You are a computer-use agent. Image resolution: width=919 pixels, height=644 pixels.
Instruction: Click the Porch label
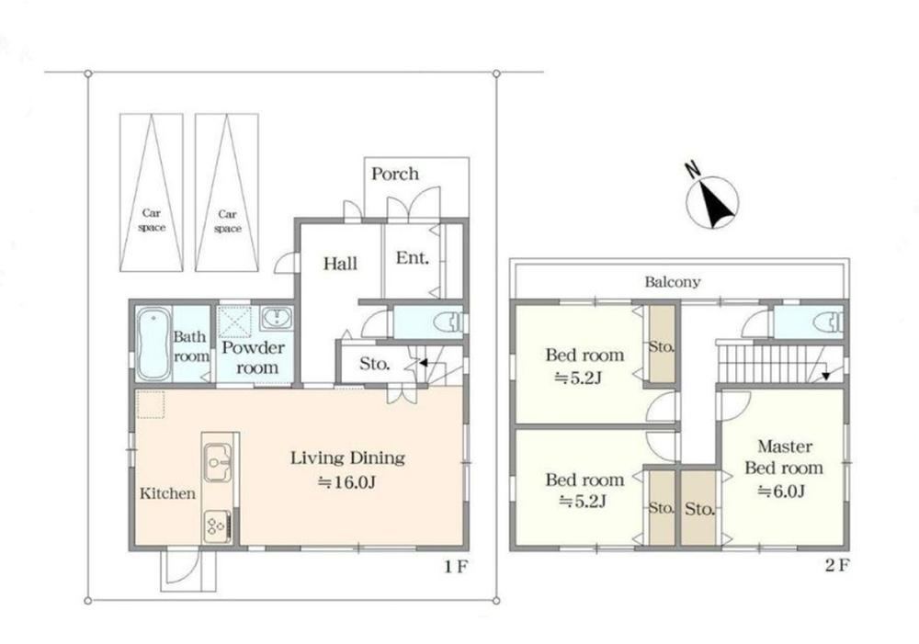[395, 174]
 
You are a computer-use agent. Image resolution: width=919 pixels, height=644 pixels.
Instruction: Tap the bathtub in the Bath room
[153, 344]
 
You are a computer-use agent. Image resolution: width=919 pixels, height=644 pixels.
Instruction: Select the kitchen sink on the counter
[218, 463]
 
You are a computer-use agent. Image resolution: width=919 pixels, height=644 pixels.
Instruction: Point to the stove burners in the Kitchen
[217, 525]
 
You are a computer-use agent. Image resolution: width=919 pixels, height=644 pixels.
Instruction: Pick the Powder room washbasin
[276, 318]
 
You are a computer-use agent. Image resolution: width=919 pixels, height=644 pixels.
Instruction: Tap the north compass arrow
[715, 204]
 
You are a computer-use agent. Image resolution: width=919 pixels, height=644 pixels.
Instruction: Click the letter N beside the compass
[693, 169]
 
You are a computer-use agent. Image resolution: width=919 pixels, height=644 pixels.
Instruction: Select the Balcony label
[673, 282]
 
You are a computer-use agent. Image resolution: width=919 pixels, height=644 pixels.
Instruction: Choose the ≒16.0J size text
[346, 483]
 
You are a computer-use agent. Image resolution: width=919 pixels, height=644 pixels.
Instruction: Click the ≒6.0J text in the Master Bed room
[781, 491]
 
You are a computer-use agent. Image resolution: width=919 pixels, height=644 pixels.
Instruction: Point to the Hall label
[340, 264]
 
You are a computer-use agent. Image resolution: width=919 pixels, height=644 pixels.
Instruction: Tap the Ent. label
[412, 258]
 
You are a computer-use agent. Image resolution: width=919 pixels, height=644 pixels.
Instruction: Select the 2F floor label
[836, 566]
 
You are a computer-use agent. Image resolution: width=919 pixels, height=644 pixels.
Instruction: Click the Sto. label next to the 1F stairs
[375, 364]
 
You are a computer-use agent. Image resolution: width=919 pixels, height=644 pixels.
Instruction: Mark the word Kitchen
[167, 493]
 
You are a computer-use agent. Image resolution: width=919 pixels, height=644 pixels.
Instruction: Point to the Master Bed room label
[784, 458]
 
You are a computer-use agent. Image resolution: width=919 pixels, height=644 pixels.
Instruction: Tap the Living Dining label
[347, 458]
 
